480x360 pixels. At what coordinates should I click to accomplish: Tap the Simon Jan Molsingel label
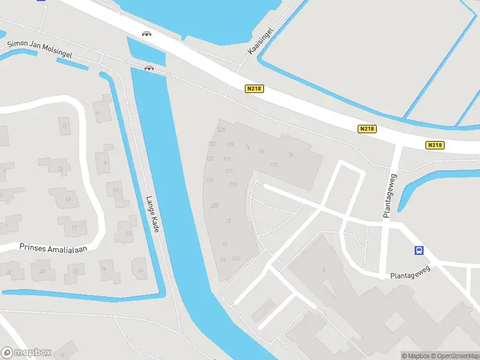(40, 49)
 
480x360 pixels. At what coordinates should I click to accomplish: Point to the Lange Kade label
(152, 214)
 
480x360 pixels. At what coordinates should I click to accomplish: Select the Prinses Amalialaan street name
(49, 247)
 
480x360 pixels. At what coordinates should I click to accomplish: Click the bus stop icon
(419, 251)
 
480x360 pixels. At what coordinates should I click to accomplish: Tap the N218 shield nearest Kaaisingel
(254, 89)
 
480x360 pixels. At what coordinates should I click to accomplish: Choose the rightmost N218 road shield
(435, 145)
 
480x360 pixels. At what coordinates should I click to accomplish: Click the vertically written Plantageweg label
(388, 196)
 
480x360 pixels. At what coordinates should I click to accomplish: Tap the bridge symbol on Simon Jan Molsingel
(149, 68)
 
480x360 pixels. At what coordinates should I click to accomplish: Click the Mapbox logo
(26, 353)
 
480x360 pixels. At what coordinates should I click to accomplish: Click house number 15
(68, 199)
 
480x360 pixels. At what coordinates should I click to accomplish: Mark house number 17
(74, 228)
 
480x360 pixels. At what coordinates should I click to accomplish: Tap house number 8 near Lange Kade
(106, 163)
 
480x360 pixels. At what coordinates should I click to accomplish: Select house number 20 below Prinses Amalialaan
(42, 271)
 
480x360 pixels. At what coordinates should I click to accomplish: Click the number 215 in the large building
(233, 185)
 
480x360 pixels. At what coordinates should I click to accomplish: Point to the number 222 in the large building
(212, 144)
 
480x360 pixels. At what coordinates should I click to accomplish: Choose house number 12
(60, 170)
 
